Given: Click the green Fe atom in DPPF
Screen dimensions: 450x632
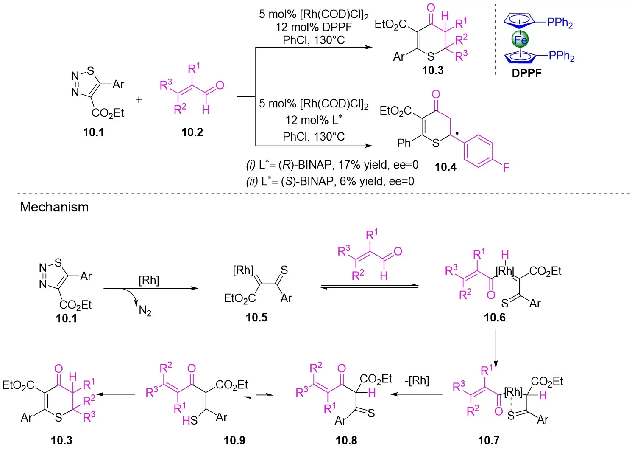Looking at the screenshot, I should pos(520,39).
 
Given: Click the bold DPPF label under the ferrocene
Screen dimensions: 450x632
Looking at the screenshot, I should pos(526,73).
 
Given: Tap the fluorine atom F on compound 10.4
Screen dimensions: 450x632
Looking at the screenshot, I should pos(506,167).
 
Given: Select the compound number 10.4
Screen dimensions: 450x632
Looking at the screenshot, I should pos(445,167).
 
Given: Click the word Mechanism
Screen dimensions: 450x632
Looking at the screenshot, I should pos(54,207).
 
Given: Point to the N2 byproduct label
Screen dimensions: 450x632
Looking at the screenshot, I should pos(145,311).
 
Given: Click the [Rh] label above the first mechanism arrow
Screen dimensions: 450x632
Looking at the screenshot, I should pos(149,280).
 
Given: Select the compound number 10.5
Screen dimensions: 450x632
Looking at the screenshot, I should pos(256,318).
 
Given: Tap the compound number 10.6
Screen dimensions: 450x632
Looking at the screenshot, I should pos(495,318).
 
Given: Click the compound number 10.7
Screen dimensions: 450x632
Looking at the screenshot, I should pos(489,441).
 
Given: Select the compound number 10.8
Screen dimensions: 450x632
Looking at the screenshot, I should pos(346,441).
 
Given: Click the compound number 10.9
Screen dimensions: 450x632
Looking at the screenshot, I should pos(234,441).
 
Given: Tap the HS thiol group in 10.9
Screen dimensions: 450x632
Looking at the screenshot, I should pos(190,420).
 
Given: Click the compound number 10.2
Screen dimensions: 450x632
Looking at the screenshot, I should pos(192,132).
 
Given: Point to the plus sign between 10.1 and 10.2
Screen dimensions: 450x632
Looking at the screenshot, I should pos(139,100).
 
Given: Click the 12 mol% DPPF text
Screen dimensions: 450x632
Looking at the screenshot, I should pos(313,27).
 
